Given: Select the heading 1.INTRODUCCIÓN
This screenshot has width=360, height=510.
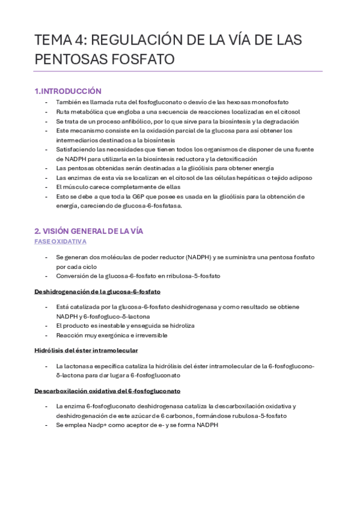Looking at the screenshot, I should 68,91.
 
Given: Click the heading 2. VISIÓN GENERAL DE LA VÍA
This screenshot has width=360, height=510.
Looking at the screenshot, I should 88,231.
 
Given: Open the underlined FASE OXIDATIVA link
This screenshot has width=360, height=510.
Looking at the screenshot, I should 60,241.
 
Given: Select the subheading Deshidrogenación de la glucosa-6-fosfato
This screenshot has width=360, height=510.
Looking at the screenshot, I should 97,292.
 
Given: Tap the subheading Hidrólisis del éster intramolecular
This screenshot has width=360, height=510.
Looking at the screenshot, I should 86,350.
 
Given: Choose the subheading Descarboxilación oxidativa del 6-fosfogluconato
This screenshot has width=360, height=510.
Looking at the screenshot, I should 108,391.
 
